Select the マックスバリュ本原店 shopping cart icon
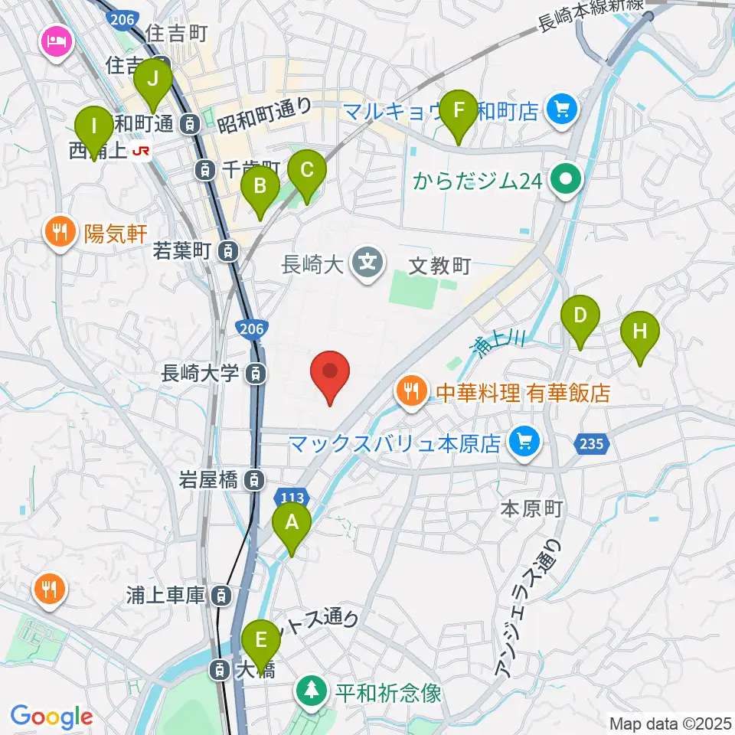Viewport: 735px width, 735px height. pos(524,442)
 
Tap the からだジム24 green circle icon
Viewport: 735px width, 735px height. pos(567,181)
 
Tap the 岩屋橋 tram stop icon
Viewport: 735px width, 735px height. pos(253,481)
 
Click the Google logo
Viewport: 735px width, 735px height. pos(51,717)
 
